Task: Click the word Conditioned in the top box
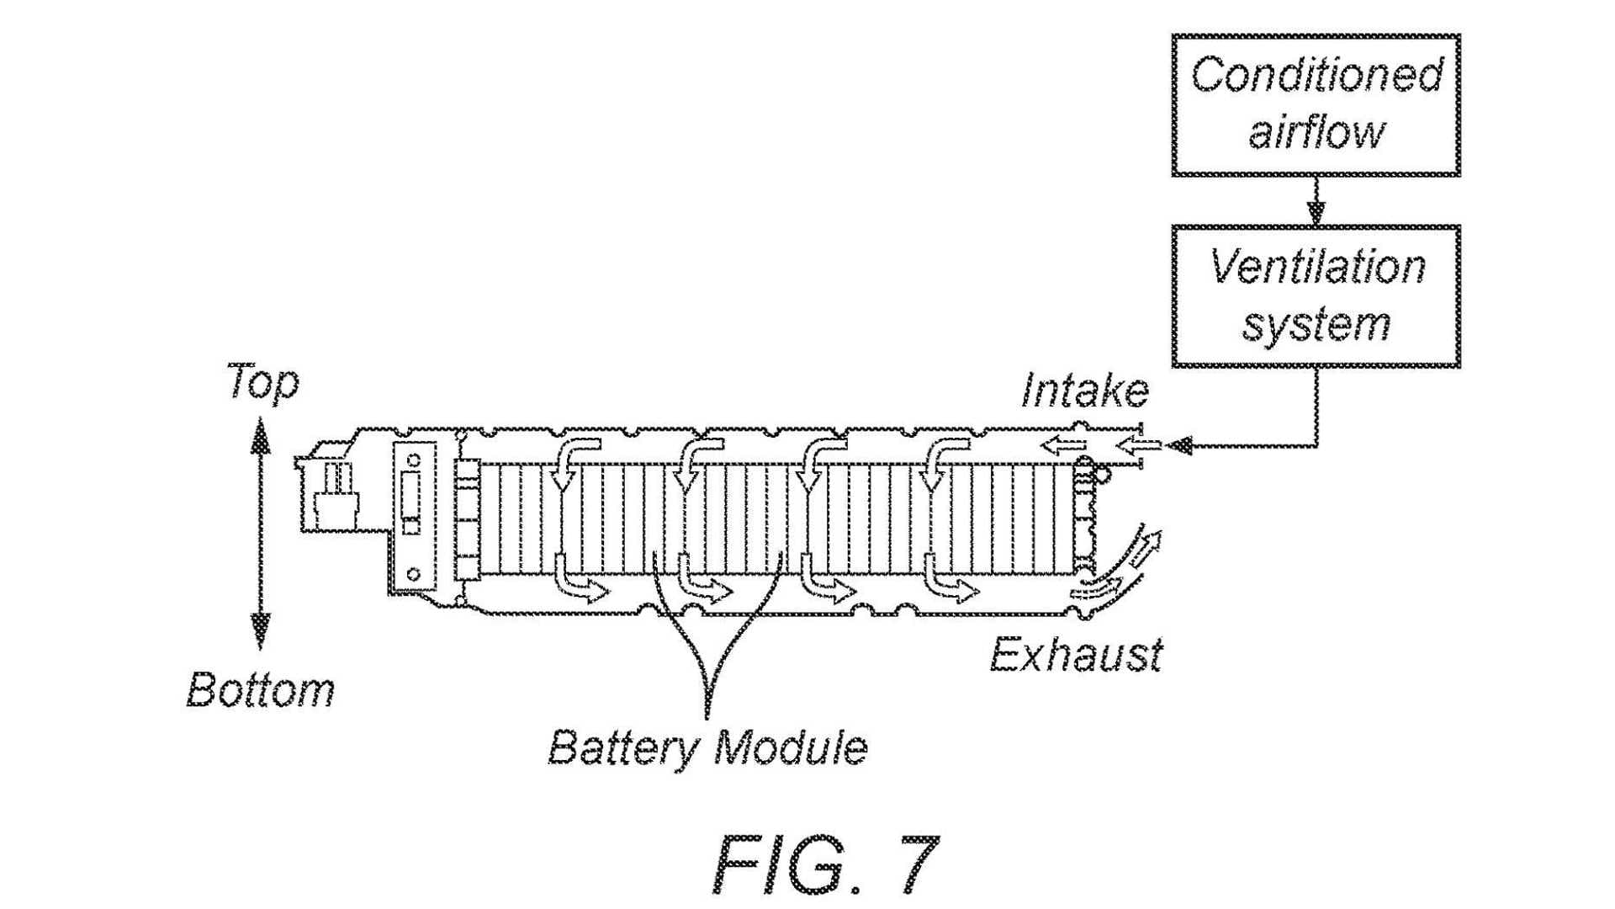1316,76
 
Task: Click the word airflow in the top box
1316,132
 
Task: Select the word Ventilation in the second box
1317,268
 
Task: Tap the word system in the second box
1316,324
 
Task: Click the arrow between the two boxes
1316,206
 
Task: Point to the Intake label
1084,391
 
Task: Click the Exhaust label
1076,654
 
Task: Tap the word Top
262,382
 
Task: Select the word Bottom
260,690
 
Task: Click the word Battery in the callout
623,747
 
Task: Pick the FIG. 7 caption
824,864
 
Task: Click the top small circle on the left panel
414,460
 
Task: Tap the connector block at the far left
332,497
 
